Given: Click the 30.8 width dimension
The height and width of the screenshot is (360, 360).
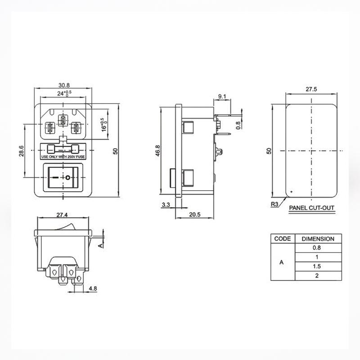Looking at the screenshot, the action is pyautogui.click(x=64, y=85).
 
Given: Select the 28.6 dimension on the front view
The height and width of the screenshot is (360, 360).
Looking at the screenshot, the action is pyautogui.click(x=21, y=151).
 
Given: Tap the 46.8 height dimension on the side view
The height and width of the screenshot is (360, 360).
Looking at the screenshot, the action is pyautogui.click(x=158, y=151).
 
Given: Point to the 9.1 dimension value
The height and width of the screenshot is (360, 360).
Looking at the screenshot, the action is pyautogui.click(x=222, y=96).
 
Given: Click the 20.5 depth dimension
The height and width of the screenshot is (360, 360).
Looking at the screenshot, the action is pyautogui.click(x=195, y=215).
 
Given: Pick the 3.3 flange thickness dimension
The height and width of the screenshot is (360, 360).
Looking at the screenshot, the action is pyautogui.click(x=166, y=205).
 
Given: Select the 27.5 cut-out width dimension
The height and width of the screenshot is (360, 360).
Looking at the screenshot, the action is pyautogui.click(x=311, y=89).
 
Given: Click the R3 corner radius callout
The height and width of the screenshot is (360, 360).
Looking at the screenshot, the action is pyautogui.click(x=274, y=204).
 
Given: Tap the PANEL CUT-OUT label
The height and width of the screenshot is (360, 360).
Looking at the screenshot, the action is pyautogui.click(x=311, y=208).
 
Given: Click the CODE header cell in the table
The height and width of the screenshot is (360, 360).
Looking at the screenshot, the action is pyautogui.click(x=283, y=239).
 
